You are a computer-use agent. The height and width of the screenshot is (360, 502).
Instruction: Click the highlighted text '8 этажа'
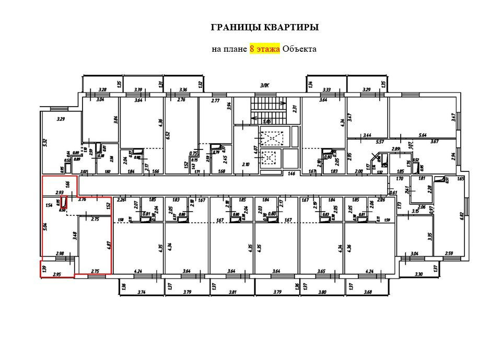point(265,49)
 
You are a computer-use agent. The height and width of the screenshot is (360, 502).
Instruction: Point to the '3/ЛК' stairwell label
point(264,86)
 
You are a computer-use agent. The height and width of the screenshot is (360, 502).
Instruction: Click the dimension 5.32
point(45,142)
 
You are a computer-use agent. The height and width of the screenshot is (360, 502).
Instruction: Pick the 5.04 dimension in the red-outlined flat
point(45,227)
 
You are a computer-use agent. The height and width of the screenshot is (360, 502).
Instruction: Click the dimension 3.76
point(81,199)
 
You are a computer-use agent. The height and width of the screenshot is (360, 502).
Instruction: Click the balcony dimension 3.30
point(418,274)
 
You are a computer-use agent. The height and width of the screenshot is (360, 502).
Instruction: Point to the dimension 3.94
point(229,107)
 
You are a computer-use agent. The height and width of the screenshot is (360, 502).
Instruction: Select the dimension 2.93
point(59,192)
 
